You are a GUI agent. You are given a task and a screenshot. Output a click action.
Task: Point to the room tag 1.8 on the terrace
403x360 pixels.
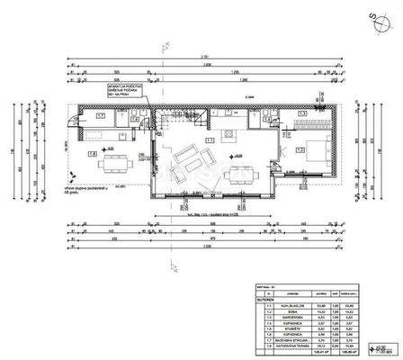coord(93,153)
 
